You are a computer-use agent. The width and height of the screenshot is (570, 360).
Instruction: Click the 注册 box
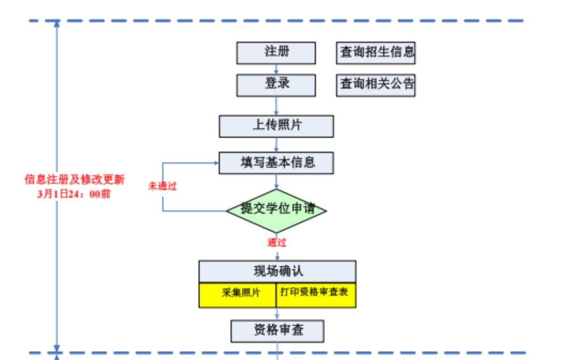click(276, 52)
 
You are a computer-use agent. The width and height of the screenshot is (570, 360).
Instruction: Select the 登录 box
click(276, 84)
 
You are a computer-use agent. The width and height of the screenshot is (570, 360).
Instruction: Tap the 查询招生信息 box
click(376, 52)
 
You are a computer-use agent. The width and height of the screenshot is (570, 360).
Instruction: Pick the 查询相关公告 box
click(376, 84)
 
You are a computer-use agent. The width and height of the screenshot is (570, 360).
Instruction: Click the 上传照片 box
click(276, 126)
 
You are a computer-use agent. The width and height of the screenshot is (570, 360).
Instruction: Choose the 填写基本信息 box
click(276, 162)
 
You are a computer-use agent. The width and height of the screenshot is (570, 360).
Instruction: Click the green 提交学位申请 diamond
click(276, 210)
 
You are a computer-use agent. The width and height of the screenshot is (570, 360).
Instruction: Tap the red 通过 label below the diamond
click(277, 243)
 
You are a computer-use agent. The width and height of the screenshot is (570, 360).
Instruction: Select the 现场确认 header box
click(277, 271)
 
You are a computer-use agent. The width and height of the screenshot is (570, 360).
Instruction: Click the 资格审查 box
click(277, 331)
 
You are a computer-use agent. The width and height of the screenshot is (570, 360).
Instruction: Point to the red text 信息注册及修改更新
click(75, 179)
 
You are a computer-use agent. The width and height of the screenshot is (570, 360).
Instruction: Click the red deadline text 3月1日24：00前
click(75, 194)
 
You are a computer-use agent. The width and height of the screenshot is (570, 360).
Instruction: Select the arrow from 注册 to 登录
click(276, 69)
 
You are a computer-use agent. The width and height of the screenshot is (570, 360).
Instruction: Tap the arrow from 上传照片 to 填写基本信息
click(276, 145)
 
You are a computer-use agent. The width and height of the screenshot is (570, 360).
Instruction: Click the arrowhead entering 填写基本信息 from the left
click(216, 163)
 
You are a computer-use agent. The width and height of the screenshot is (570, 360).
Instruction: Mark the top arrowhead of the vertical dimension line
click(57, 25)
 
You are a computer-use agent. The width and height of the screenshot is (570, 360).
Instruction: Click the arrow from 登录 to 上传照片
click(276, 106)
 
